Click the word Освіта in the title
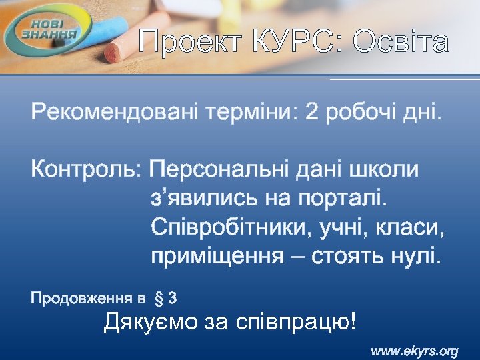tap(401, 43)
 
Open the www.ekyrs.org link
tap(414, 351)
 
